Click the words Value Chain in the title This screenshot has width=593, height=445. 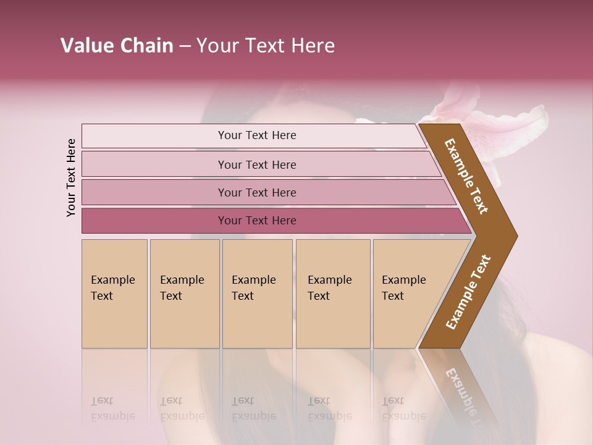pyautogui.click(x=117, y=46)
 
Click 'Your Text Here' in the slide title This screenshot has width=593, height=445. pyautogui.click(x=265, y=46)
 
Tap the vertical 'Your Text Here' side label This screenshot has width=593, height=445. pyautogui.click(x=71, y=177)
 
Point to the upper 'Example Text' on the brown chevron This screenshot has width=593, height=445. pyautogui.click(x=466, y=176)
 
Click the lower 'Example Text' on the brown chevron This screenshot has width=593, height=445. pyautogui.click(x=468, y=292)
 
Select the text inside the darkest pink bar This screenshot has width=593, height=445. pyautogui.click(x=257, y=221)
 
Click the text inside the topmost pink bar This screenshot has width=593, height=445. pyautogui.click(x=257, y=135)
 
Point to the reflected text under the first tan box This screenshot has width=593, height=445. pyautogui.click(x=112, y=409)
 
